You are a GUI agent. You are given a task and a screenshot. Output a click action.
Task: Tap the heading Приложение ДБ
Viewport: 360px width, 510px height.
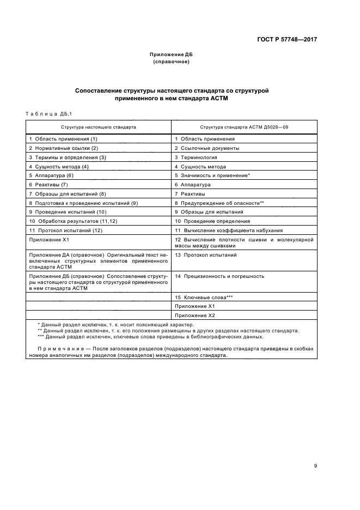coord(171,55)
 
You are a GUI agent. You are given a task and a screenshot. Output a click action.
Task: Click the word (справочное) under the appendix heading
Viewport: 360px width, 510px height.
coord(171,62)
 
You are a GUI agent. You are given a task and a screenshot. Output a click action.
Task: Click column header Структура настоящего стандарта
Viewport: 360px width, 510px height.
coord(99,126)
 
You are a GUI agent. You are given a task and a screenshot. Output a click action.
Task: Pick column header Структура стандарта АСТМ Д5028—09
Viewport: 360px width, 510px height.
coord(243,126)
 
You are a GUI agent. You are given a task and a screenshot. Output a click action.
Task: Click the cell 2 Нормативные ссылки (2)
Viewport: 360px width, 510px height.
coord(63,148)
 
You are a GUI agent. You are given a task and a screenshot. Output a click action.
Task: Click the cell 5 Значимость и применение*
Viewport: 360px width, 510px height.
coord(212,175)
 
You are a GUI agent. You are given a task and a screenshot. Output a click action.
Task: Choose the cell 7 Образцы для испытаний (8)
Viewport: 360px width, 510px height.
coord(68,193)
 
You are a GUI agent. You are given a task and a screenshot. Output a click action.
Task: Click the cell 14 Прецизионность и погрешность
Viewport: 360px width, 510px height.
coord(219,276)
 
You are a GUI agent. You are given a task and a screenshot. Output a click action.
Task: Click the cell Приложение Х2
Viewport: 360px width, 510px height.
coord(195,315)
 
